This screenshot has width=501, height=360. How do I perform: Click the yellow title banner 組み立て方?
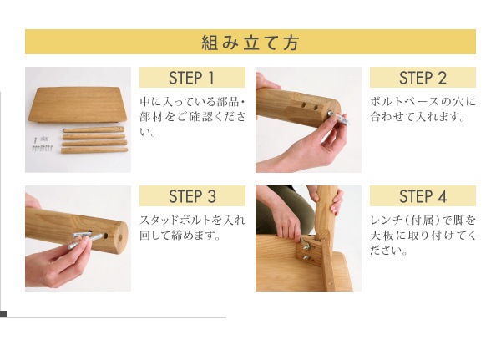[x=250, y=42]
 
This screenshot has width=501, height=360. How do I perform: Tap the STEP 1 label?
[x=192, y=78]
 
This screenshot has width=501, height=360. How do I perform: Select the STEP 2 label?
[x=423, y=78]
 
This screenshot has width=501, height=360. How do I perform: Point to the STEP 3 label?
[x=192, y=196]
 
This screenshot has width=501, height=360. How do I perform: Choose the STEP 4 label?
[x=423, y=196]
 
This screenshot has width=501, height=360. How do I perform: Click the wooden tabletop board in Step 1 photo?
[x=78, y=104]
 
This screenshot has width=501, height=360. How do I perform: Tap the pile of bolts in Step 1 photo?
[x=42, y=145]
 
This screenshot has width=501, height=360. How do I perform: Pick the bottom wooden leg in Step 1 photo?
[x=94, y=150]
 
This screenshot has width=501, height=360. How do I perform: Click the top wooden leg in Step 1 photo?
[x=94, y=129]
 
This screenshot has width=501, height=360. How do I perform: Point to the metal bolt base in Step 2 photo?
[x=340, y=118]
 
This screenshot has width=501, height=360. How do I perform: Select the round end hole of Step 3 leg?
[x=120, y=238]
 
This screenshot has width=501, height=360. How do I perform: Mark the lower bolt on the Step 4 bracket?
[x=306, y=257]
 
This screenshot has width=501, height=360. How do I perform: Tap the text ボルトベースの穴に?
[x=423, y=102]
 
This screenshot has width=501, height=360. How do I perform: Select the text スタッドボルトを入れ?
[x=192, y=221]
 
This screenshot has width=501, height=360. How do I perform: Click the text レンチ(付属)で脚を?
[x=423, y=221]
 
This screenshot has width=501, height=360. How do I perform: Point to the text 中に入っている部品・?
[x=192, y=102]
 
